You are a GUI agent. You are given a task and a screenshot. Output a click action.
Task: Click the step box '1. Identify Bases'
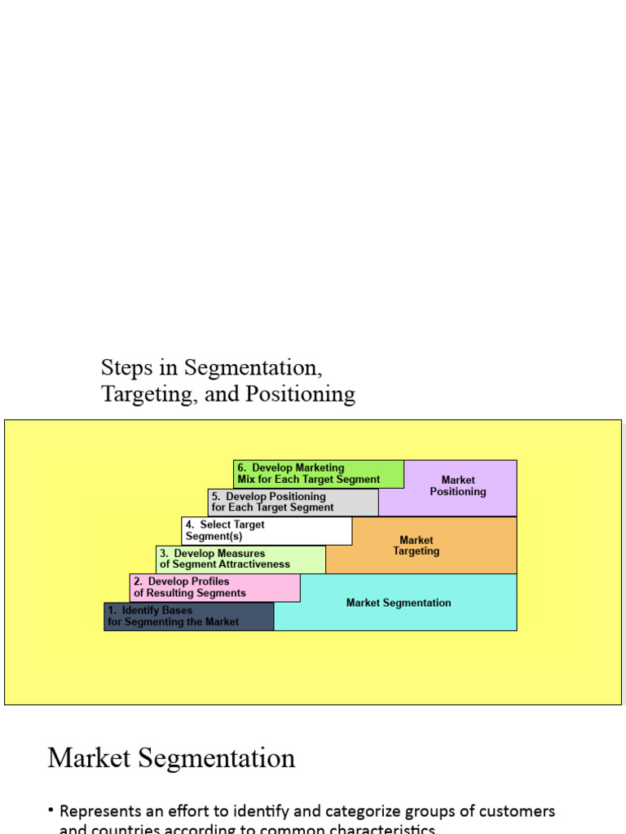pos(189,617)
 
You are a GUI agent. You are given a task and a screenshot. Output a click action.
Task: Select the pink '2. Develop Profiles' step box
pos(215,587)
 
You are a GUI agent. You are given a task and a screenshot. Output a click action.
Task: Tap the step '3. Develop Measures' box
pos(240,559)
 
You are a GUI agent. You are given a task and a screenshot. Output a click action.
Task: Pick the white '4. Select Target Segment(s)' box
pos(267,530)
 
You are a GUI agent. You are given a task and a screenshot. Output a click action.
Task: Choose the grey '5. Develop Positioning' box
pos(293,502)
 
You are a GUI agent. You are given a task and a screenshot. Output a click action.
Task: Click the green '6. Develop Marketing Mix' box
pos(319,474)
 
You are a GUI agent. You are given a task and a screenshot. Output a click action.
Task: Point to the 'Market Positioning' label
pos(458,486)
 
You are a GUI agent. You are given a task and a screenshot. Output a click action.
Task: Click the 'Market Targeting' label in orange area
pos(416,546)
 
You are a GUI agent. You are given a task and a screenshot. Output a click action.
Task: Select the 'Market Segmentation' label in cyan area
pos(399,603)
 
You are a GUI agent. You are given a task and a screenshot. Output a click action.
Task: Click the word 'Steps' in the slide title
pos(127,367)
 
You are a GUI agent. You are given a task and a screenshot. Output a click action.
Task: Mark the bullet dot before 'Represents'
pos(51,810)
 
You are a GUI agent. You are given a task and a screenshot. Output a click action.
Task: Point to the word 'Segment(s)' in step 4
pos(214,536)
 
